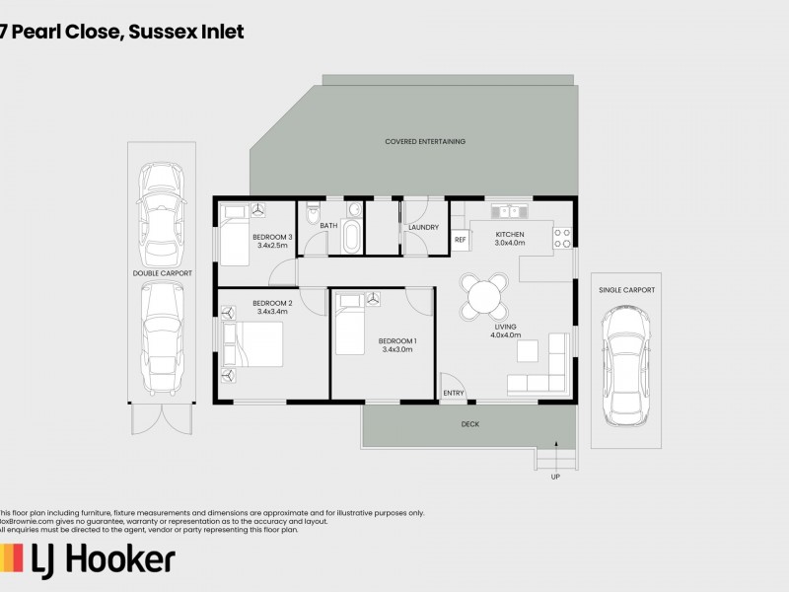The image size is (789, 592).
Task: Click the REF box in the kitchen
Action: (x=460, y=240)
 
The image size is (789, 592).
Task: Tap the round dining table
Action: (x=484, y=295)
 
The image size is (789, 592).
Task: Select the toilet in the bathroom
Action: (x=314, y=212)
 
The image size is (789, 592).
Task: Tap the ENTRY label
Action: (x=454, y=393)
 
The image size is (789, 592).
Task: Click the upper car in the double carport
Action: (x=161, y=208)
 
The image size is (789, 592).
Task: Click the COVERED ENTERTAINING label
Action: (x=425, y=142)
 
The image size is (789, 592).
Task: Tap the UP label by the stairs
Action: (x=554, y=477)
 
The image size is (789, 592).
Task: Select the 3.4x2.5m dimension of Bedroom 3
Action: (x=271, y=246)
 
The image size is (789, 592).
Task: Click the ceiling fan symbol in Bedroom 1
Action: (x=374, y=300)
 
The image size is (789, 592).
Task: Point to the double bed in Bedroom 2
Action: (x=253, y=347)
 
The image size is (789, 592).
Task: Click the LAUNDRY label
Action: (x=423, y=228)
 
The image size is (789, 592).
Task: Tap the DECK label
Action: (x=469, y=425)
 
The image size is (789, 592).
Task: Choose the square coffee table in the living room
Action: (x=530, y=349)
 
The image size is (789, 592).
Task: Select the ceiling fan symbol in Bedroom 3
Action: (x=258, y=210)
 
